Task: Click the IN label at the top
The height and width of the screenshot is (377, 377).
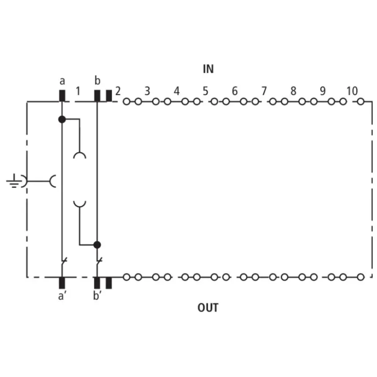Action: tap(208, 69)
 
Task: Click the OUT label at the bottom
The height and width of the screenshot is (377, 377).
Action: tap(208, 308)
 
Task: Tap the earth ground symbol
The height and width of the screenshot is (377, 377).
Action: tap(14, 181)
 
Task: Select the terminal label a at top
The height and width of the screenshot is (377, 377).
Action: tap(62, 81)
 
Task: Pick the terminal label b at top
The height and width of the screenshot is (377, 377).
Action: tap(98, 81)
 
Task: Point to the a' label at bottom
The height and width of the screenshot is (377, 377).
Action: tap(62, 296)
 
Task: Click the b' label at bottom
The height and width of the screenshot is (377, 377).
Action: tap(97, 295)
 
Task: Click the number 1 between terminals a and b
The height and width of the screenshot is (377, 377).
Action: tap(78, 91)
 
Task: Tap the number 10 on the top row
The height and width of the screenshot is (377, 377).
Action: tap(352, 91)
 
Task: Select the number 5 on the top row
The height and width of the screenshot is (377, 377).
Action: tap(205, 91)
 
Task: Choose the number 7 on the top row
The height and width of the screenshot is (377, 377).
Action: tap(264, 91)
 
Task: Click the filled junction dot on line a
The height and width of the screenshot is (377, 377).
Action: tap(62, 119)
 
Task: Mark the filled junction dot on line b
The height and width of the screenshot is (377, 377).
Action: tap(97, 245)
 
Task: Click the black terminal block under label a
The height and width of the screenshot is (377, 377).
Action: tap(62, 96)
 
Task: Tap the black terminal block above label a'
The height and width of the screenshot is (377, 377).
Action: tap(62, 283)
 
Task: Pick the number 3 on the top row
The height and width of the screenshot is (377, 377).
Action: tap(147, 91)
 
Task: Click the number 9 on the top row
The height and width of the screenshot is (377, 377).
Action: tap(322, 91)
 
